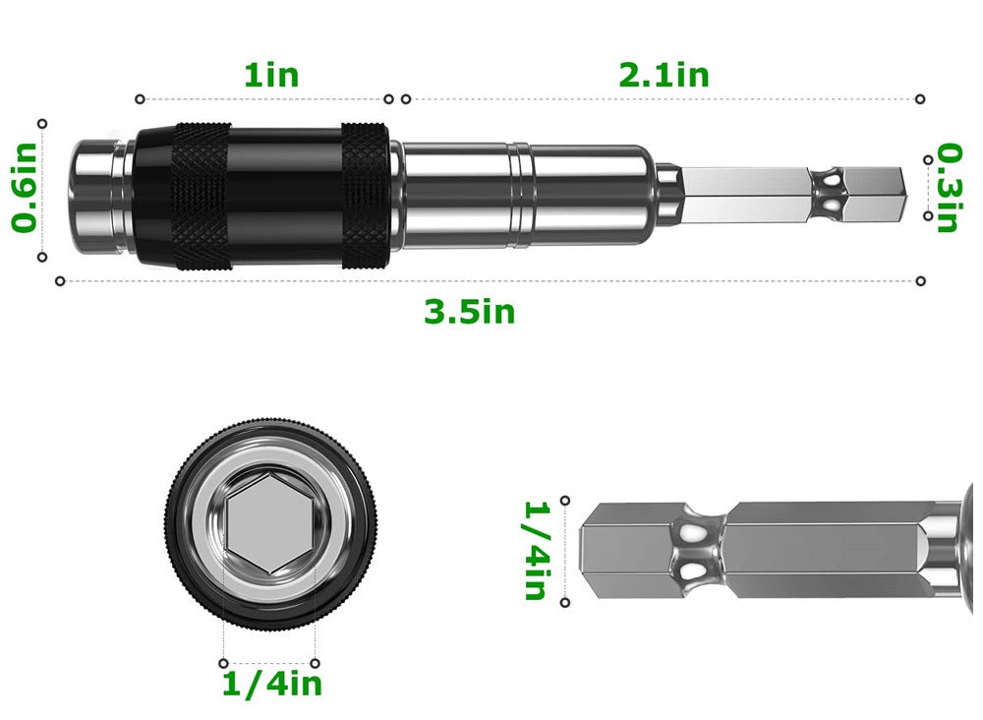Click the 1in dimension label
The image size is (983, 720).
(270, 75)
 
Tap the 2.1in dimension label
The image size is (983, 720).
(664, 75)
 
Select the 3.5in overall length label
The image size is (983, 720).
(469, 312)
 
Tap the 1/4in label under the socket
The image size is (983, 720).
(271, 684)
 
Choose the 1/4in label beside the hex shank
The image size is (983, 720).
(535, 551)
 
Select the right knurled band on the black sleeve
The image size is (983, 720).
(365, 194)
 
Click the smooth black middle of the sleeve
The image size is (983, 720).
(285, 194)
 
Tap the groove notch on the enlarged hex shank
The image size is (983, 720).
(697, 552)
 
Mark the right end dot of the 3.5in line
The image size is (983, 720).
(920, 281)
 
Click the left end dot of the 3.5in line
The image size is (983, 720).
(60, 281)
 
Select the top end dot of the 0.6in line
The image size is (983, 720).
(42, 123)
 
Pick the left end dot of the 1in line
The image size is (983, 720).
(140, 99)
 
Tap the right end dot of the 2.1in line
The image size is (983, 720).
(920, 99)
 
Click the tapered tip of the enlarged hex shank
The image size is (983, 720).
(593, 552)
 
